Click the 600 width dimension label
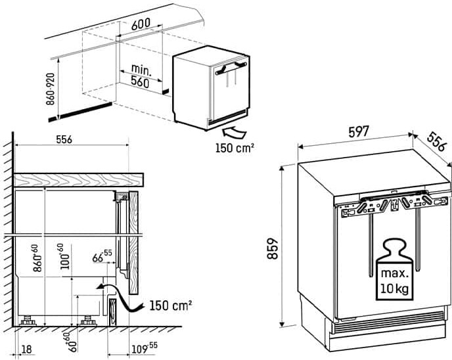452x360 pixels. pyautogui.click(x=141, y=24)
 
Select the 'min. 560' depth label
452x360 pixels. pyautogui.click(x=140, y=76)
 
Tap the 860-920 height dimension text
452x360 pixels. pyautogui.click(x=51, y=89)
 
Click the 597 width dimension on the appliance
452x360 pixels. pyautogui.click(x=359, y=132)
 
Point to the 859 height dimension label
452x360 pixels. pyautogui.click(x=273, y=248)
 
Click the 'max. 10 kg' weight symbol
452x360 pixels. pyautogui.click(x=395, y=269)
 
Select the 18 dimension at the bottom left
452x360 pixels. pyautogui.click(x=26, y=349)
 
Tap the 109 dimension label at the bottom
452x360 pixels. pyautogui.click(x=145, y=348)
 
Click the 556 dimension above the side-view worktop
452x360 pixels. pyautogui.click(x=64, y=139)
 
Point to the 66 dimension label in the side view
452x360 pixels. pyautogui.click(x=102, y=256)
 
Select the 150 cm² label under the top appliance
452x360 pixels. pyautogui.click(x=235, y=148)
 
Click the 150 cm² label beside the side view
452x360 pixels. pyautogui.click(x=171, y=305)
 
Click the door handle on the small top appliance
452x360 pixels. pyautogui.click(x=231, y=68)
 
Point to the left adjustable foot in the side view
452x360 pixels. pyautogui.click(x=28, y=320)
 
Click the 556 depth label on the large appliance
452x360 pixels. pyautogui.click(x=436, y=141)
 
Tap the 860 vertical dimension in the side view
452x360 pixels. pyautogui.click(x=37, y=258)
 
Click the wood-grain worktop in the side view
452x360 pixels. pyautogui.click(x=78, y=180)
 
